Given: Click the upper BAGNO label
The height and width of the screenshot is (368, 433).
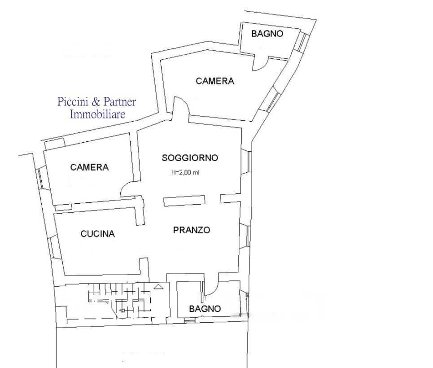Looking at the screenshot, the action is [267, 34].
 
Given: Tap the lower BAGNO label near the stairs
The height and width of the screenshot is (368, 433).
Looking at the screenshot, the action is [205, 309].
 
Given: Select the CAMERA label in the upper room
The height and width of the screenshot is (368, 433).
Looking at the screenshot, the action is [215, 81].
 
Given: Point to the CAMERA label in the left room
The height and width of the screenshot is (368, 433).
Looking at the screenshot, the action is [89, 167].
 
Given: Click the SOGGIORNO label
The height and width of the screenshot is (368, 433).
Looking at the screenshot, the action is [190, 158].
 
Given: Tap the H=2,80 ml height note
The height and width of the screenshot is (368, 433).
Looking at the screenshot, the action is [185, 173].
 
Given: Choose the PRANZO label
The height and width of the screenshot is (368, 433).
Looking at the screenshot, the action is [192, 230].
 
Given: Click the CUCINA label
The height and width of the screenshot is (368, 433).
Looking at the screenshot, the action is [97, 234].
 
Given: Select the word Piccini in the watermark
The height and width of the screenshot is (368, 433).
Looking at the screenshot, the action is [73, 102].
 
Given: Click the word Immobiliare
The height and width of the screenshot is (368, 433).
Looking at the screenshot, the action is [97, 114].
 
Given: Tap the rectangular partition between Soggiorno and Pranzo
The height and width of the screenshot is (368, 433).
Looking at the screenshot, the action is [184, 201].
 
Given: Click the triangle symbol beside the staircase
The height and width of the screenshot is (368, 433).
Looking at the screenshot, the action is [158, 286].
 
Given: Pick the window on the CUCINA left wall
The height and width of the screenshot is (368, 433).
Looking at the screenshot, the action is [52, 247].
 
